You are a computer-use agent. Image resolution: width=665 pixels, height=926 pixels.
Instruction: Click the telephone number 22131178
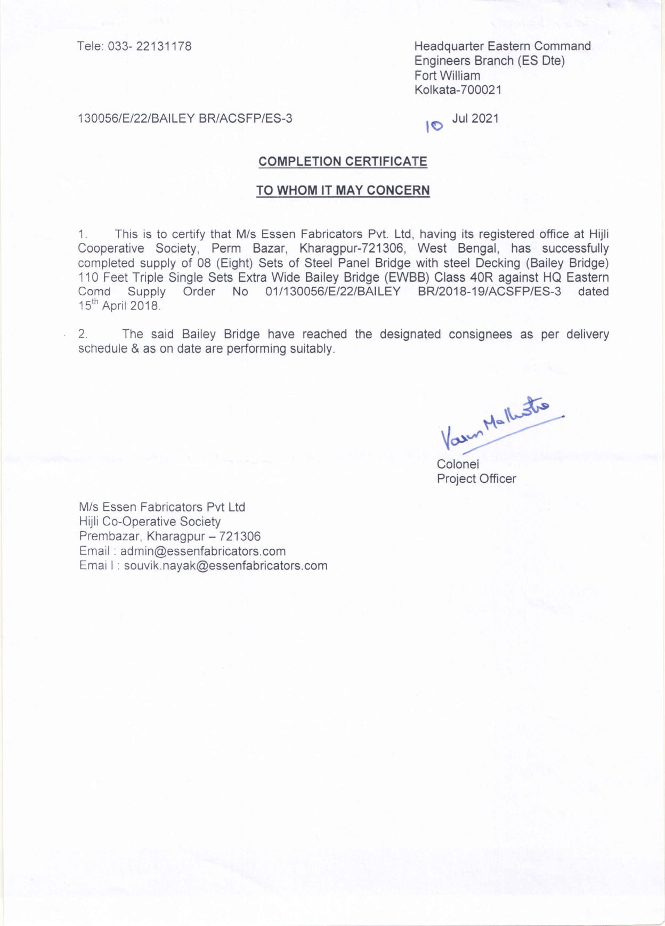(164, 46)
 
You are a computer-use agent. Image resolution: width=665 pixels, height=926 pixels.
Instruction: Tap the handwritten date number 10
(434, 126)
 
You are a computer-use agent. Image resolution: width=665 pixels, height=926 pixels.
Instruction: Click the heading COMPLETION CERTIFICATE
(343, 161)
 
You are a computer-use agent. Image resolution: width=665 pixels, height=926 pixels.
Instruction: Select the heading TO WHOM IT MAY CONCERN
(343, 190)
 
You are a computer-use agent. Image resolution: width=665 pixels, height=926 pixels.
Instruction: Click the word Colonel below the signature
(458, 464)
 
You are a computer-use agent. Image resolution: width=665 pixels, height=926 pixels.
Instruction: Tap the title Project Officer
(476, 479)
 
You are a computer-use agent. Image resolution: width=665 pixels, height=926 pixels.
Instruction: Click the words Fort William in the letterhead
(447, 76)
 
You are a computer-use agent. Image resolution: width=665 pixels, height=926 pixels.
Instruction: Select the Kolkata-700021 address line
(458, 90)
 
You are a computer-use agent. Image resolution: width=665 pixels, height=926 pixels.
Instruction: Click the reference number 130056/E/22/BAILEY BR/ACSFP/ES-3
(185, 118)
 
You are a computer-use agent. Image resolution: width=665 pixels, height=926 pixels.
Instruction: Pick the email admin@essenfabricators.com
(203, 551)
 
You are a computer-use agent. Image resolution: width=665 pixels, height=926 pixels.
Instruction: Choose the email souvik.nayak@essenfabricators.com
(225, 566)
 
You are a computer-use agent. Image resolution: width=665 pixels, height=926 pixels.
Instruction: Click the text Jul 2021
(475, 118)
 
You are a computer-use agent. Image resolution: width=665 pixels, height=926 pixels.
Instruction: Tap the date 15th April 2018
(119, 306)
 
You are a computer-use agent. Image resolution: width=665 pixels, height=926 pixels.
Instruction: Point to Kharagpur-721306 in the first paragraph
(352, 248)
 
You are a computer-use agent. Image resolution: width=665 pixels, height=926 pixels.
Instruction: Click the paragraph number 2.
(83, 334)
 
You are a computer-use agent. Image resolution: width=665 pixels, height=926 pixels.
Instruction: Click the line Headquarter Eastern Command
(502, 46)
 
